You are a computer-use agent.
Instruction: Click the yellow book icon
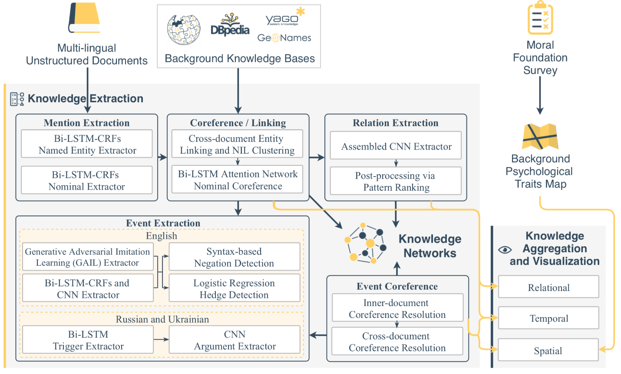click(84, 18)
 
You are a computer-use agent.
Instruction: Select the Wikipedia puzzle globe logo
click(184, 30)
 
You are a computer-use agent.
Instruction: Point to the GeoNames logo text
click(284, 38)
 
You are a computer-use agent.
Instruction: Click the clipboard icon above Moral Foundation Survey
click(540, 18)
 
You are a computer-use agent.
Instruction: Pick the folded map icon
click(540, 137)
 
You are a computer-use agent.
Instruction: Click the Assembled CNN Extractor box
click(396, 147)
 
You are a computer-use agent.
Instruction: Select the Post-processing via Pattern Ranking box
click(396, 181)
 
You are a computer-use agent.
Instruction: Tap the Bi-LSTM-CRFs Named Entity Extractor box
click(87, 144)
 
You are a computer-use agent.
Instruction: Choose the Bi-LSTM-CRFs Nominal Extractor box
click(87, 180)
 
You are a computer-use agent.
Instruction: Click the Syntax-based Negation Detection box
click(234, 257)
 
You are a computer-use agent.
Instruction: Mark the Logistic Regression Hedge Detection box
click(234, 289)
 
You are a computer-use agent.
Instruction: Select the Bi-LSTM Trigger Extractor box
click(88, 340)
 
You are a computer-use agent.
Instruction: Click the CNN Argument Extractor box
click(235, 340)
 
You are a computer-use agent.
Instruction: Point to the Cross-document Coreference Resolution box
click(397, 342)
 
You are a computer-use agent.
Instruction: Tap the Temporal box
click(548, 318)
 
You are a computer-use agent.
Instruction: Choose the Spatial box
click(548, 351)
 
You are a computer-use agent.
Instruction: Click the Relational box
click(548, 287)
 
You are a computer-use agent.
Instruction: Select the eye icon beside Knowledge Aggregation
click(505, 250)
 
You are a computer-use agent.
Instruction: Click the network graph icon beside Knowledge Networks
click(365, 244)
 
